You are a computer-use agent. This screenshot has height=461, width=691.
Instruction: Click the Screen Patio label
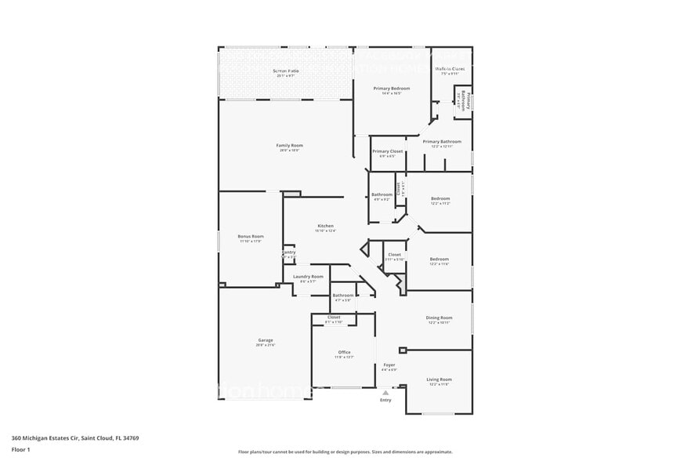(x=285, y=71)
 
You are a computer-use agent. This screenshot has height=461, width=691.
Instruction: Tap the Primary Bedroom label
(x=391, y=89)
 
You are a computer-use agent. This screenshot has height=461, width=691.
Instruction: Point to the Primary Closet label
(x=387, y=151)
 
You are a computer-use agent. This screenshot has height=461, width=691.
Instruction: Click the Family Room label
(x=289, y=145)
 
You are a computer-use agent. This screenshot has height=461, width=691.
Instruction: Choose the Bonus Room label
(x=251, y=236)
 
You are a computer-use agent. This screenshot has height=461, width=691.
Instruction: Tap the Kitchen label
(x=326, y=226)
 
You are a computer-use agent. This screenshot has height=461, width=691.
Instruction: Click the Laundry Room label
(x=308, y=277)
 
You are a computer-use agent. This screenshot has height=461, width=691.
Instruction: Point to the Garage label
(x=265, y=340)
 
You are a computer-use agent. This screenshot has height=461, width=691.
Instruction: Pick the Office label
(x=344, y=352)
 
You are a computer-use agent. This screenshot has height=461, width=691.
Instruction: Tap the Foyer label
(x=389, y=365)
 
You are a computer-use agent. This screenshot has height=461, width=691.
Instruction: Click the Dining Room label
(x=439, y=318)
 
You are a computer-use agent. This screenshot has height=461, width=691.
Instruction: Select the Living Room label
(x=439, y=379)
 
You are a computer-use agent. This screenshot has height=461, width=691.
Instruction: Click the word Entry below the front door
(x=385, y=400)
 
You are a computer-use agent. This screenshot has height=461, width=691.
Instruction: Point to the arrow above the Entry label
(x=385, y=391)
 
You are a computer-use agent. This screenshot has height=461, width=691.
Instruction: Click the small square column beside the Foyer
(x=403, y=350)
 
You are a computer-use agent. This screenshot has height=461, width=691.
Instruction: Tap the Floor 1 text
(x=20, y=449)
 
